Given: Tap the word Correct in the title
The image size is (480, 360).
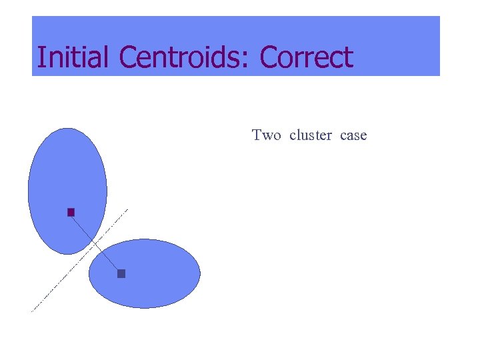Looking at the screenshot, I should (x=306, y=57).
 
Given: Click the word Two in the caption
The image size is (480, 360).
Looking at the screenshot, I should (x=267, y=135).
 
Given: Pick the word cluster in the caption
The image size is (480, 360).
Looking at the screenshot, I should (x=311, y=135).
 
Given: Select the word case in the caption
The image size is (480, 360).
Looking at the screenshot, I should (x=353, y=136).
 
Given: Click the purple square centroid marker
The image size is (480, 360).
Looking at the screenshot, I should (x=71, y=213).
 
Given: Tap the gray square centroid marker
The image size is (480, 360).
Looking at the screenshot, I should (x=121, y=273).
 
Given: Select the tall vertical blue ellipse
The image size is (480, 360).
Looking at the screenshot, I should (x=67, y=173).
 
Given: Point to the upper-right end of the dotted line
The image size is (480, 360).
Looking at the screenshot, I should (x=127, y=210).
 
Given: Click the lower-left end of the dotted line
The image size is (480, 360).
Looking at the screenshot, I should (x=32, y=311).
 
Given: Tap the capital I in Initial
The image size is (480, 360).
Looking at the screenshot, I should (x=40, y=57).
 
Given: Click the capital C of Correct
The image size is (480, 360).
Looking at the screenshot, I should (x=269, y=57).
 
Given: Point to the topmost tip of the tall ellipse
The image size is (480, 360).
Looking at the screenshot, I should (x=67, y=129).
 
